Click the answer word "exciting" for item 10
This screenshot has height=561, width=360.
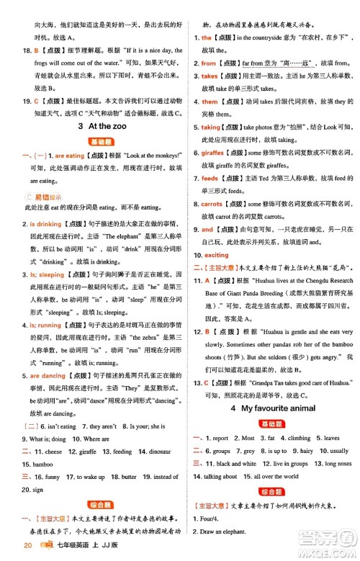click(217, 255)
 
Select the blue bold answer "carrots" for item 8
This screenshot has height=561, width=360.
click(216, 203)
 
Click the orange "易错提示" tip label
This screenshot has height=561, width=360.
click(48, 196)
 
